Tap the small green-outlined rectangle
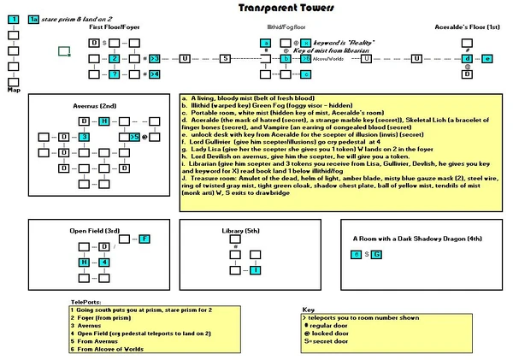[64, 51]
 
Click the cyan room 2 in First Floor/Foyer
[113, 58]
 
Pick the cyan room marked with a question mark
[113, 75]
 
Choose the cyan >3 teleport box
[154, 58]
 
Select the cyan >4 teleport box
[154, 75]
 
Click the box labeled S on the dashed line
[225, 58]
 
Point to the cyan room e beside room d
[486, 58]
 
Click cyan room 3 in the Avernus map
[84, 137]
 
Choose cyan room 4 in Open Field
[83, 263]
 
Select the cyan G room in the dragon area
[377, 255]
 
